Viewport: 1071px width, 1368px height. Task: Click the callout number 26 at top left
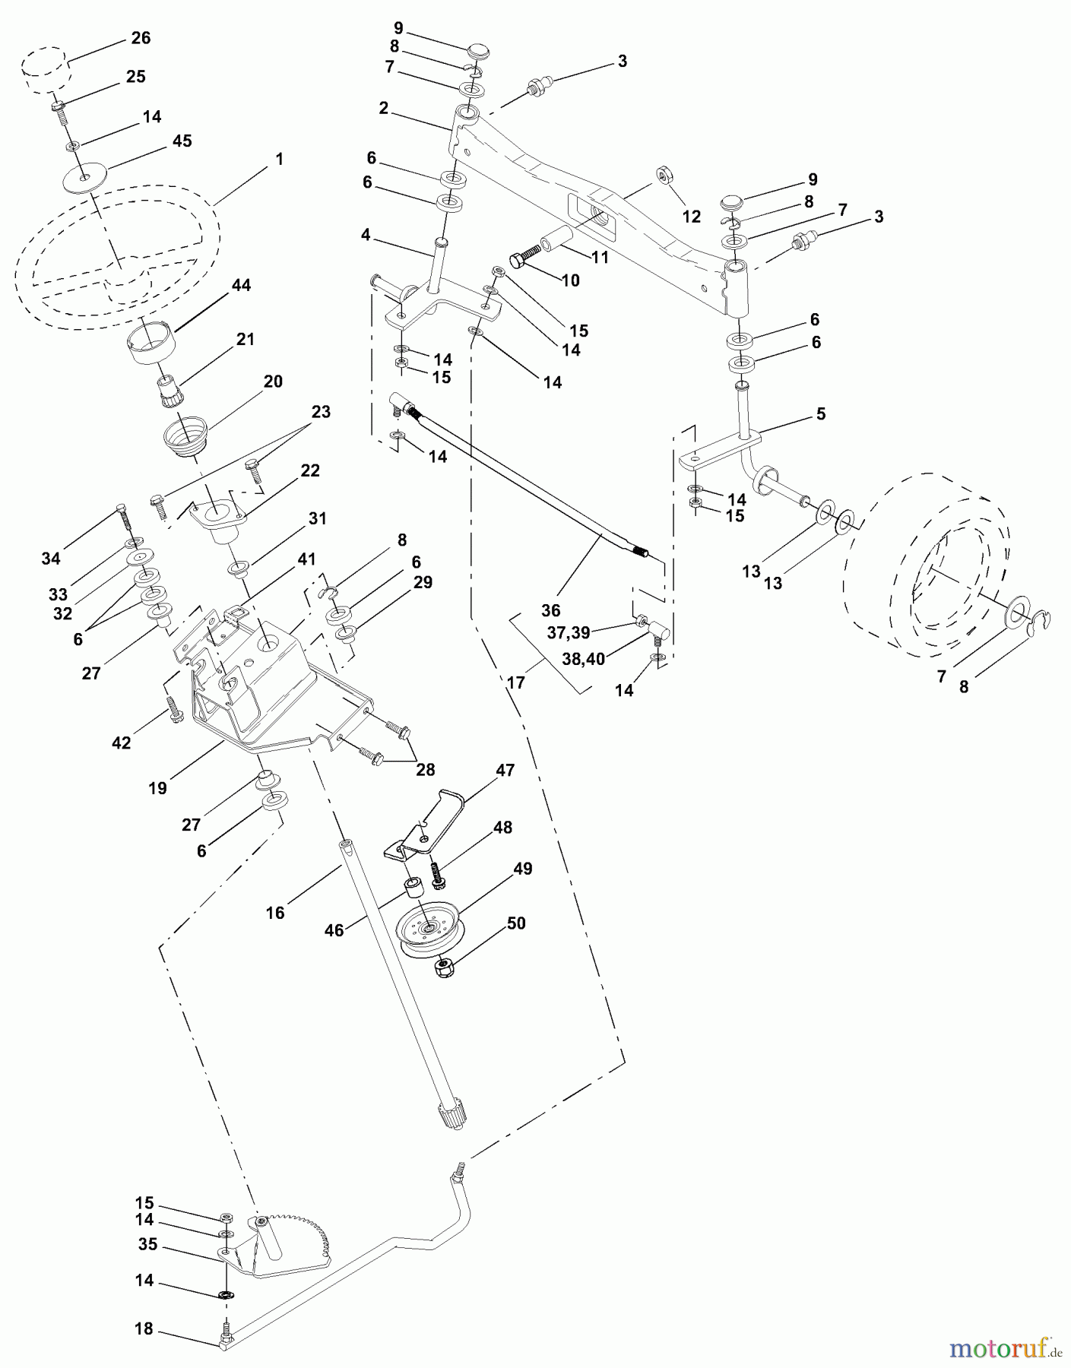click(141, 38)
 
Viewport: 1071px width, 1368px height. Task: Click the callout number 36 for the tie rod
click(550, 610)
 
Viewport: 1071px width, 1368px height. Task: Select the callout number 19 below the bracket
click(157, 788)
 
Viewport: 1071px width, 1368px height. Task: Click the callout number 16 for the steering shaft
click(275, 912)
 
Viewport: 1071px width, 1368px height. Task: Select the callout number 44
click(241, 285)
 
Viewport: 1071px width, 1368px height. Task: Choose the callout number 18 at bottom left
click(144, 1328)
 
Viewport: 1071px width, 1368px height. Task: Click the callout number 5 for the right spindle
click(820, 414)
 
